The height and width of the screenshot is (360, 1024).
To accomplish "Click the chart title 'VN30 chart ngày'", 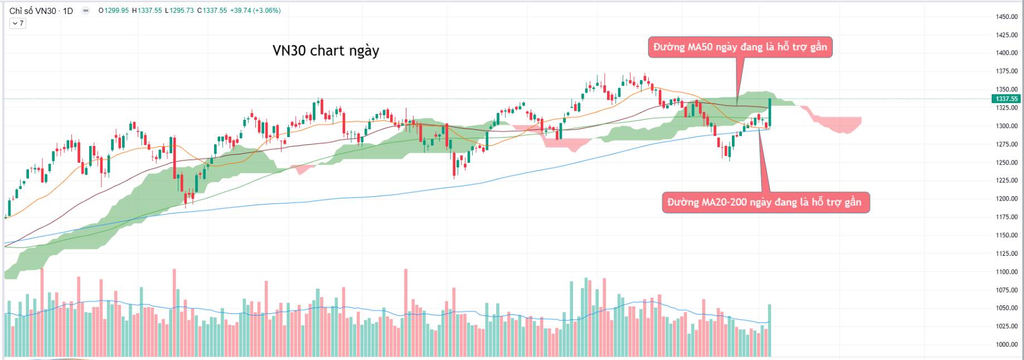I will point(326,51).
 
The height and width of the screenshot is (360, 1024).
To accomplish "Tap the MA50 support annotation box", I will point(740,47).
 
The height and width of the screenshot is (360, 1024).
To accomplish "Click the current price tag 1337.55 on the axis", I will point(1007,99).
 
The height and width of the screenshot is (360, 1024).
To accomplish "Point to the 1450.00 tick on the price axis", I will point(1007,17).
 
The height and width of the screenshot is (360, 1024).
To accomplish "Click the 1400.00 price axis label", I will point(1007,53).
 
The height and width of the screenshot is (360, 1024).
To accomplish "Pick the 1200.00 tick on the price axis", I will point(1007,199).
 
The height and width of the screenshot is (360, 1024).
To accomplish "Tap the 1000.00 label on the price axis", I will point(1007,344).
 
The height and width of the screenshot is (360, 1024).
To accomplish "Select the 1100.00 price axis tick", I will point(1007,272).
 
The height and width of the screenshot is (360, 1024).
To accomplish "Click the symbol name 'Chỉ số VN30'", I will point(33,11).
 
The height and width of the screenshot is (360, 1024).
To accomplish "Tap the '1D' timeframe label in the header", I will point(67,11).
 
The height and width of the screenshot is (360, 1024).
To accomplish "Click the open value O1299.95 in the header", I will point(114,11).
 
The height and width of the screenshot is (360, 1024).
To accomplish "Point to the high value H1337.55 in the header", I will point(147,11).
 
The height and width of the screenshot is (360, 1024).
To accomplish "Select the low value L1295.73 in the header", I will point(179,11).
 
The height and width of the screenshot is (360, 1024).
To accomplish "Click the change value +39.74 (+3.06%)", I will point(255,11).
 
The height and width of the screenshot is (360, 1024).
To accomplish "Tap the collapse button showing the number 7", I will point(18,23).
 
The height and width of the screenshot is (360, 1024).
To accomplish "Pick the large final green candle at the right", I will point(770,113).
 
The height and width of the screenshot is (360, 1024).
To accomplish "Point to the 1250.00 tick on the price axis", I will point(1007,163).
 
